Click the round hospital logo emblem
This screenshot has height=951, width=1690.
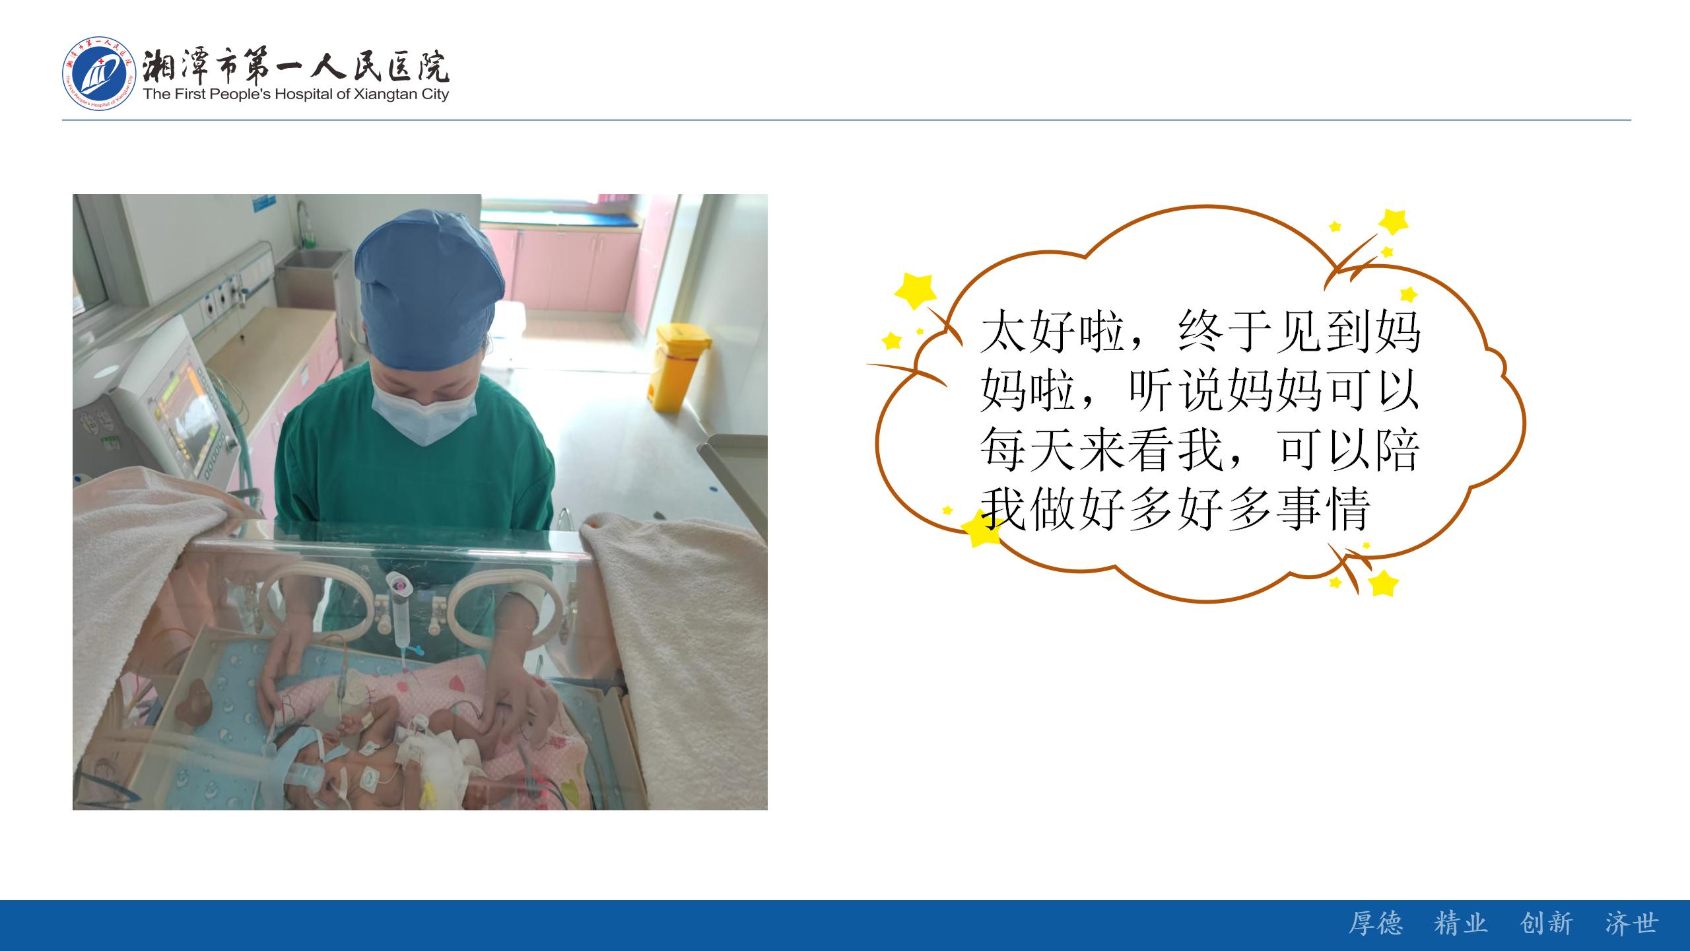coord(99,74)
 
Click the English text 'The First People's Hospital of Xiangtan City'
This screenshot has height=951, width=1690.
coord(296,94)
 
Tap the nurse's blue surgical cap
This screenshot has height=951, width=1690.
coord(429,291)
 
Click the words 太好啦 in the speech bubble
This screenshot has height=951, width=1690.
coord(1054,332)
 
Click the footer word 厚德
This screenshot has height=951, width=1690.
coord(1375,923)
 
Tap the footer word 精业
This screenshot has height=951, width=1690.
coord(1461,923)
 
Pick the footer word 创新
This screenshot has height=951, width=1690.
coord(1547,923)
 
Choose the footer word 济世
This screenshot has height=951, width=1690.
coord(1632,923)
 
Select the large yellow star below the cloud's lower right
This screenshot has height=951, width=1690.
coord(1383,584)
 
